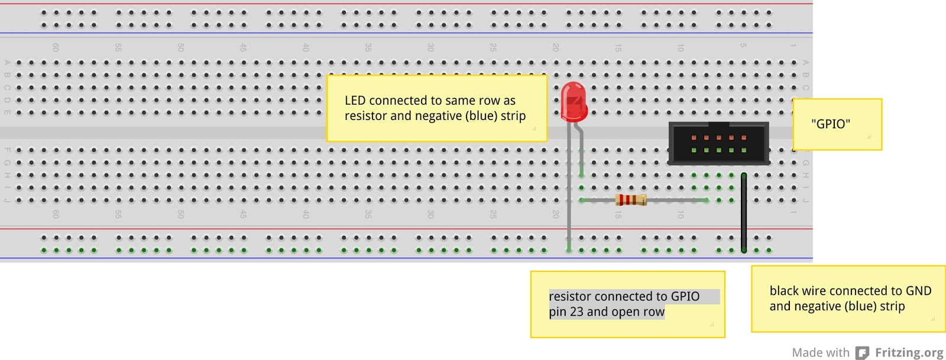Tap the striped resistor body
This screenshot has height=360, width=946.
631,200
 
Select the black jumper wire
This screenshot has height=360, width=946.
744,213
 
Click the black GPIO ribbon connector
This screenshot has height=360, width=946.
718,143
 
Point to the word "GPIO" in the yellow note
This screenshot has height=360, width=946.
831,124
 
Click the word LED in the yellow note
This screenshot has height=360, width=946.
355,100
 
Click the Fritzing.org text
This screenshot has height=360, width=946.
909,353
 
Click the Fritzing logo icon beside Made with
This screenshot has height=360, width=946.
863,353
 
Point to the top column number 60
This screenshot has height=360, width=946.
56,47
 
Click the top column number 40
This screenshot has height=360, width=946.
306,47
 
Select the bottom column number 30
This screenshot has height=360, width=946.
430,214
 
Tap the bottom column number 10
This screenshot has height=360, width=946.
681,214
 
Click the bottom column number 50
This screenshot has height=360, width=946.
180,214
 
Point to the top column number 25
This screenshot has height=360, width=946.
493,47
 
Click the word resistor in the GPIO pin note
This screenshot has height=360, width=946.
571,297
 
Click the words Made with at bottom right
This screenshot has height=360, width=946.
820,353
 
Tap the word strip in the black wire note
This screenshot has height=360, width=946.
892,306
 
